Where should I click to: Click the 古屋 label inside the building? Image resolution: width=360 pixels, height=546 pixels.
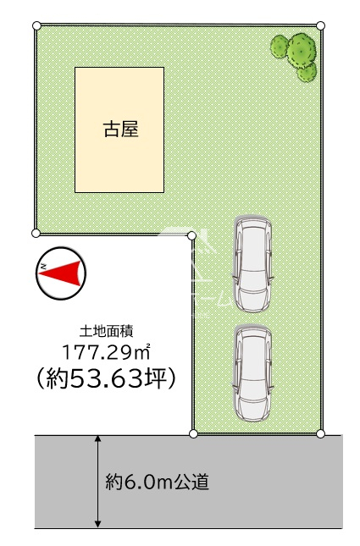coord(121,129)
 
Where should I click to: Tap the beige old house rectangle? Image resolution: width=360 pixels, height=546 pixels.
coord(119,130)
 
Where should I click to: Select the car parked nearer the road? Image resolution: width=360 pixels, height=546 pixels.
coord(253,373)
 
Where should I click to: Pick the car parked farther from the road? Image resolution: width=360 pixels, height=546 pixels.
coord(253,264)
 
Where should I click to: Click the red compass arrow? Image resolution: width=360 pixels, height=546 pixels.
coord(63,273)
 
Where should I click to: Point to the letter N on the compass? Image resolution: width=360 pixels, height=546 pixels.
coord(43,267)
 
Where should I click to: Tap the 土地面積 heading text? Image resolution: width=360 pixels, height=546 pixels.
coord(106,331)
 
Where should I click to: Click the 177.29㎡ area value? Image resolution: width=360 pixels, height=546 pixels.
coord(106,352)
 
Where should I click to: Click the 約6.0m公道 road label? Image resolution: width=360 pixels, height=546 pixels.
coord(158,483)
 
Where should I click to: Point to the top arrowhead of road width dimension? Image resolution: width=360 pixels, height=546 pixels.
coord(98,438)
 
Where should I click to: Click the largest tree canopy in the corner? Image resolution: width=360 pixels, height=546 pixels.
coord(302,51)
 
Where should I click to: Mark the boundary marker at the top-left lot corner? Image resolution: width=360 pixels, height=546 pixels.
coord(36,25)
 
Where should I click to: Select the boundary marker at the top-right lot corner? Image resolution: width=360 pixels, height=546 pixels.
coord(321,25)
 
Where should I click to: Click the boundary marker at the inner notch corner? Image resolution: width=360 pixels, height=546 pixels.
coord(191,236)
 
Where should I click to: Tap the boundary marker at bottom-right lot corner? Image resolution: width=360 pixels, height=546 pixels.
coord(321,433)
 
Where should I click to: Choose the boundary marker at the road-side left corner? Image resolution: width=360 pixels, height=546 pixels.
coord(193,433)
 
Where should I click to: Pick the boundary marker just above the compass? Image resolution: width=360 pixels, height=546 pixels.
coord(36,233)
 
